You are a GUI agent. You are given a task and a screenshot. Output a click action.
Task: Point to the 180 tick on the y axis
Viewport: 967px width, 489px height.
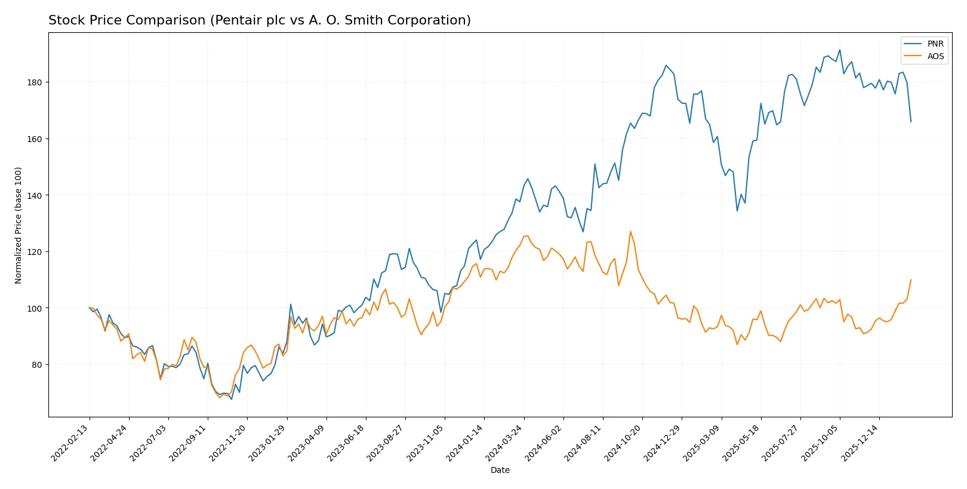point(35,82)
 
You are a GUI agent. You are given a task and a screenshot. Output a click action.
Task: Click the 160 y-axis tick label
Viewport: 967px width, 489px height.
point(35,139)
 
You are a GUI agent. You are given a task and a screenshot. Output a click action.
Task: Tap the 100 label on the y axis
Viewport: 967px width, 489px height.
point(35,309)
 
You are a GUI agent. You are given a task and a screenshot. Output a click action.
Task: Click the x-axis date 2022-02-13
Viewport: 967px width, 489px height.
point(70,442)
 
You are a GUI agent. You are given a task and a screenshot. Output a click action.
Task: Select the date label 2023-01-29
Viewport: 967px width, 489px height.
point(268,442)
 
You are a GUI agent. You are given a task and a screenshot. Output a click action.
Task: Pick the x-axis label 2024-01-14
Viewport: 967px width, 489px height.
point(465,442)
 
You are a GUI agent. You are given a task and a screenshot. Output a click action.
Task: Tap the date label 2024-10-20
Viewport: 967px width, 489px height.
point(623,442)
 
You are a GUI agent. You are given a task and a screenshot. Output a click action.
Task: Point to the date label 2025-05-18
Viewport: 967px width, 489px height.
point(741,442)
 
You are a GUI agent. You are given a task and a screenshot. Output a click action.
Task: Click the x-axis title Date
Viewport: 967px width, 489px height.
point(500,470)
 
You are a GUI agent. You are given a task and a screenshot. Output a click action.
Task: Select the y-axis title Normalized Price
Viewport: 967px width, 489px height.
point(19,225)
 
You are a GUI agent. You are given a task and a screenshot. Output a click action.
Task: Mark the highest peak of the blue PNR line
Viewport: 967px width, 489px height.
point(839,50)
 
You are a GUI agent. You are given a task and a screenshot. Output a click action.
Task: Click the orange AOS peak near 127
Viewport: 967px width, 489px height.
point(630,232)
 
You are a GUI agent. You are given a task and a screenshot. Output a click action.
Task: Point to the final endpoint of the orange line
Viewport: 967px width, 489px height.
point(911,279)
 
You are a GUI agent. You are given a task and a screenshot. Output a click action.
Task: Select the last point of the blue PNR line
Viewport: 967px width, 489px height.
point(911,122)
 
